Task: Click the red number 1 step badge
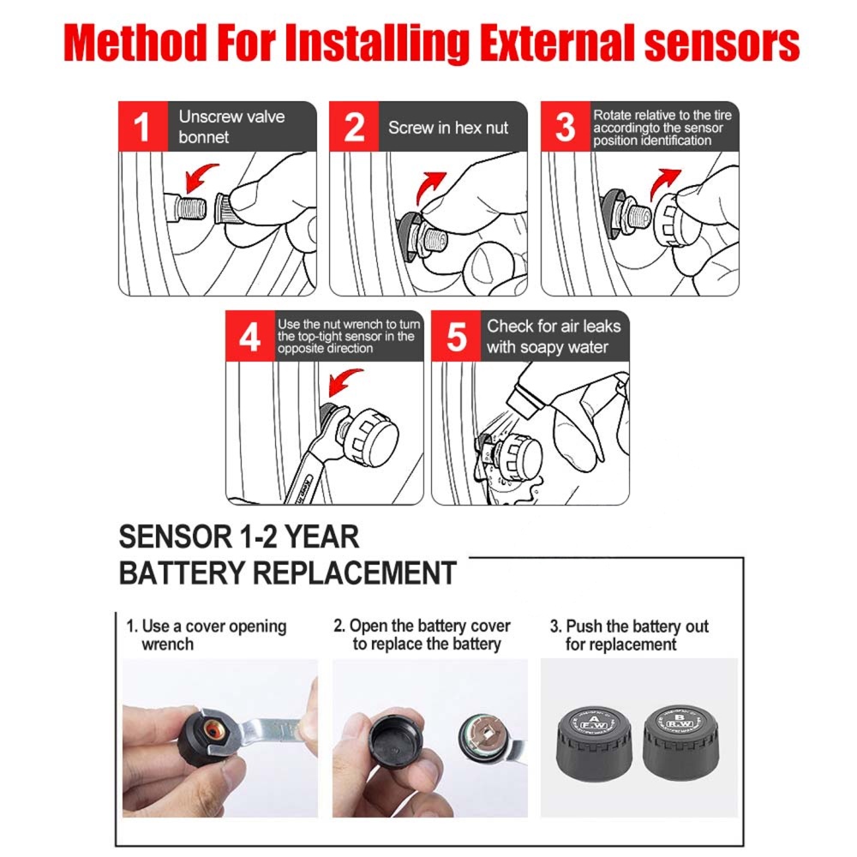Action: [x=143, y=126]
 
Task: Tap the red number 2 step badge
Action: [x=354, y=126]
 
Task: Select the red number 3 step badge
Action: [x=565, y=126]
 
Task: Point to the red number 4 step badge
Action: [x=250, y=336]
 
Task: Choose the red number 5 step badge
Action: [x=456, y=336]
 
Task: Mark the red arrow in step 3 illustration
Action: [x=663, y=184]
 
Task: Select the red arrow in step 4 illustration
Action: [x=344, y=382]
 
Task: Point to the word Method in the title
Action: [x=135, y=43]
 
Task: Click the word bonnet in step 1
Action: [x=203, y=137]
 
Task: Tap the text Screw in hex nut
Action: [x=448, y=128]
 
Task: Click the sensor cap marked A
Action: [x=594, y=743]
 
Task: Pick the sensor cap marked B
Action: [x=680, y=741]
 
